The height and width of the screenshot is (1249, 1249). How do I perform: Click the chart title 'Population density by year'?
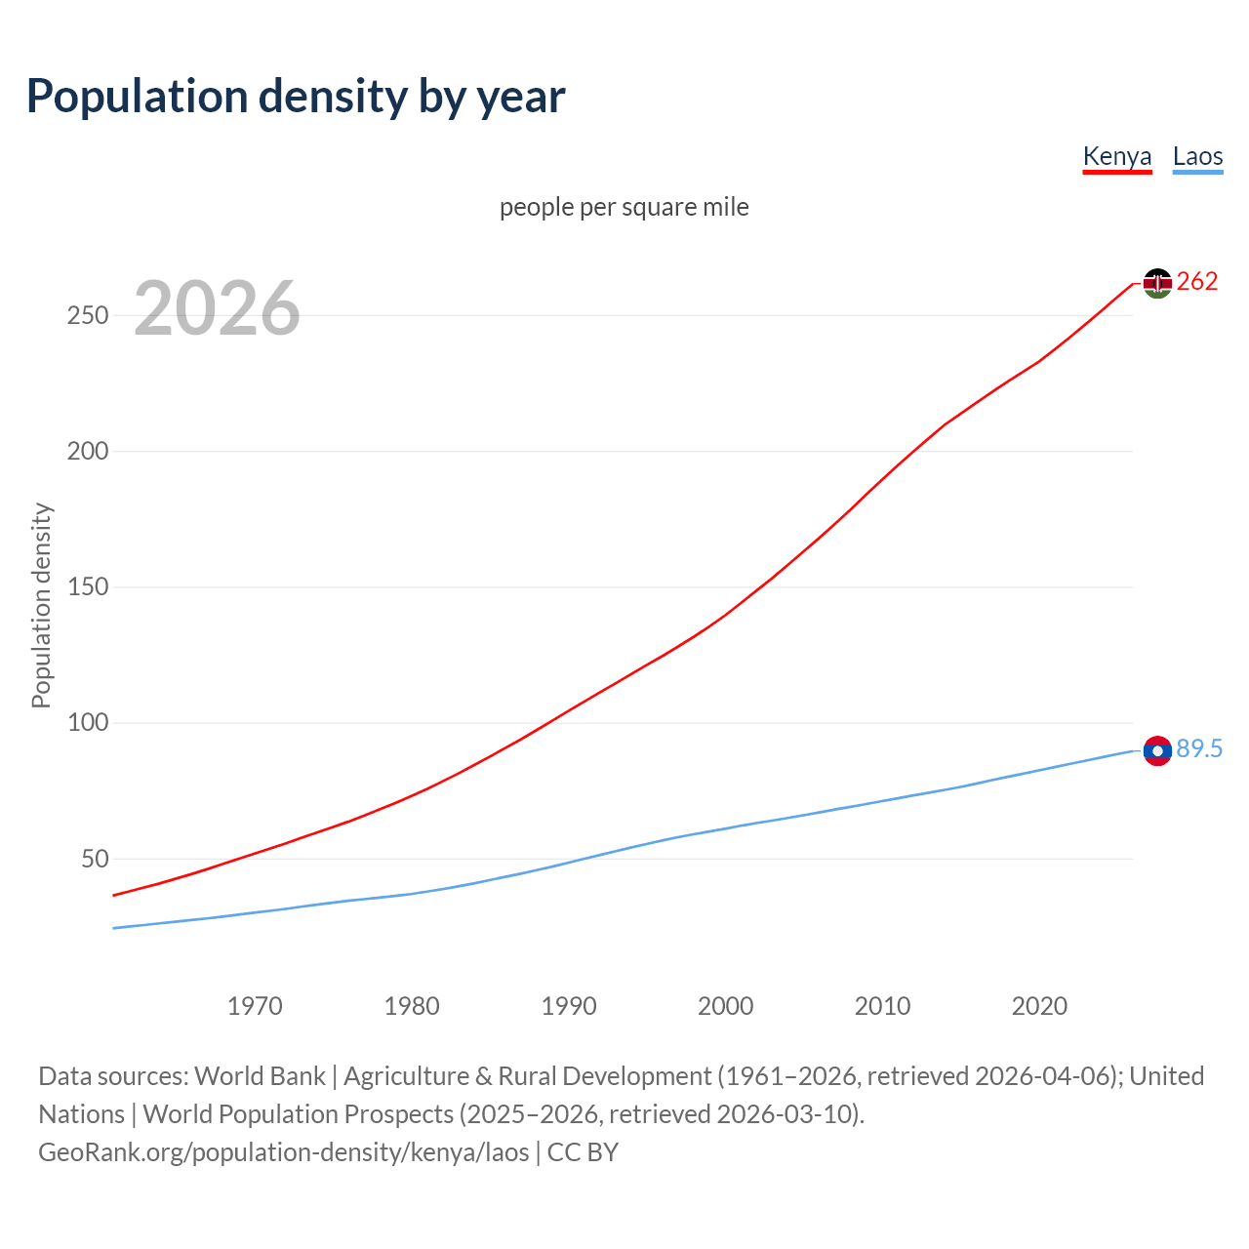click(x=296, y=96)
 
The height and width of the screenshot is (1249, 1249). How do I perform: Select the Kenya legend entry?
click(x=1117, y=156)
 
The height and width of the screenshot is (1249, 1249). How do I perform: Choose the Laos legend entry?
click(x=1197, y=156)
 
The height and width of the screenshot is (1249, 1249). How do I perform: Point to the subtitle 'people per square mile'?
click(x=624, y=207)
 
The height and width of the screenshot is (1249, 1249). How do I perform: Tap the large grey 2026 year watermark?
click(x=217, y=308)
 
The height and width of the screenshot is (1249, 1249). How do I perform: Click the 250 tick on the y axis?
click(x=88, y=315)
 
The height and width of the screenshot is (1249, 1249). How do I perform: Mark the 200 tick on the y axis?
click(x=88, y=451)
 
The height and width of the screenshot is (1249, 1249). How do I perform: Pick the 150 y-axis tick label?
click(x=88, y=587)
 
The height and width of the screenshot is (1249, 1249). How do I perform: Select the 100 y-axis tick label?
click(x=88, y=723)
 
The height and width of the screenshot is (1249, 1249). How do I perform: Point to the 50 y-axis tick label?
click(x=95, y=859)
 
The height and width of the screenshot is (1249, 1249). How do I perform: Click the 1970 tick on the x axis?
click(x=255, y=1005)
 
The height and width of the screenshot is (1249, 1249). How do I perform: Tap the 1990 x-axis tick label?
click(x=569, y=1005)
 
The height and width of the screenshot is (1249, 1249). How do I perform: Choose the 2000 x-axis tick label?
click(x=726, y=1005)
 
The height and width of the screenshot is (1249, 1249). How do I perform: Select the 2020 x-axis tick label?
click(x=1039, y=1005)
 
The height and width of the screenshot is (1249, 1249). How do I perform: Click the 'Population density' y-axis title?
click(x=41, y=605)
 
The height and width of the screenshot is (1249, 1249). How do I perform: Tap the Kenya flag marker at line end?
click(x=1157, y=283)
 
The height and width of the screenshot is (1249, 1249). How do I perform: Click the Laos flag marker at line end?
click(x=1157, y=750)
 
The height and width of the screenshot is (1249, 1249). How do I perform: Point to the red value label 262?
click(x=1197, y=282)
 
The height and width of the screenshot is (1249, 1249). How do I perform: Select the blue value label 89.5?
click(x=1199, y=748)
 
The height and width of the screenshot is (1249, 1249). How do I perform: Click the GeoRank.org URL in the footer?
click(x=283, y=1152)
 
